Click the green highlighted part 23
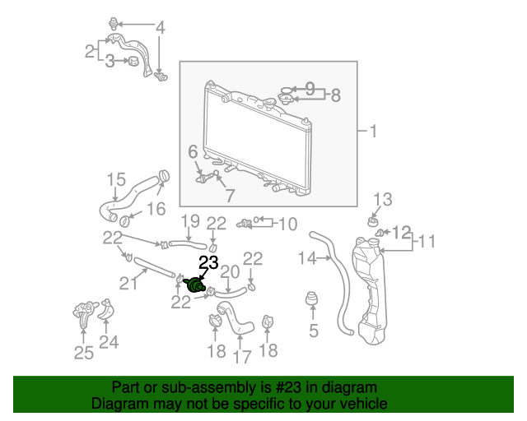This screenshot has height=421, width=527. pos(195,285)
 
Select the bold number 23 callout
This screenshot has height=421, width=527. pos(208,262)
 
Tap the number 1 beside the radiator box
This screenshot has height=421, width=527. pos(373,131)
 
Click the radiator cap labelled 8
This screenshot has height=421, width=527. pos(286,99)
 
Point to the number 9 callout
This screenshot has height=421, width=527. pos(310,89)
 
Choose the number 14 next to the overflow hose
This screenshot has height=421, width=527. pos(307,258)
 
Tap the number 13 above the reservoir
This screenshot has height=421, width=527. pos(383,200)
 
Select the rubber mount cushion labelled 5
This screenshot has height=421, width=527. pos(312,298)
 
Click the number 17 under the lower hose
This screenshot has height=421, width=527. pos(242,357)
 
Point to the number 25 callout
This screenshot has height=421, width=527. pos(84,353)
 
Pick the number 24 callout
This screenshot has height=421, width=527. pos(109,342)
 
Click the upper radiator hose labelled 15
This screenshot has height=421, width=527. pos(134,196)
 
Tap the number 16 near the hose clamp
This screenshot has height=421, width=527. pos(156,209)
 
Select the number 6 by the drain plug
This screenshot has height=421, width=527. pos(193,152)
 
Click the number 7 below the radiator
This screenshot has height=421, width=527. pos(230,196)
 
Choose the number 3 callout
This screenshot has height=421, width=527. pos(110,62)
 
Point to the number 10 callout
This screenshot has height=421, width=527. pos(288,224)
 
